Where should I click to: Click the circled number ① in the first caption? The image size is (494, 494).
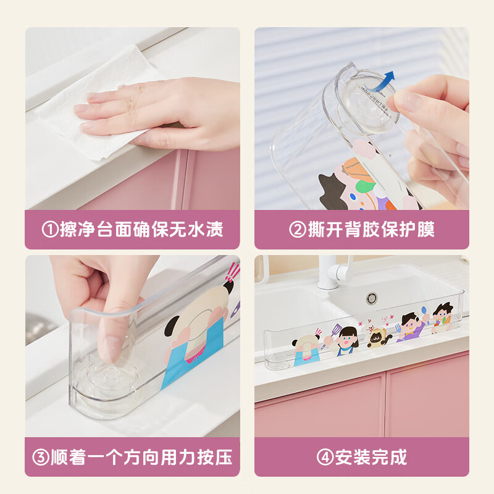(x=50, y=229)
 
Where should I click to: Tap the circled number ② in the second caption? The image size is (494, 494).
(x=298, y=229)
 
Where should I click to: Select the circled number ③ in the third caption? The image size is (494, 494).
(x=41, y=458)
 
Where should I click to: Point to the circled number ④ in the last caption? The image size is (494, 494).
(x=325, y=458)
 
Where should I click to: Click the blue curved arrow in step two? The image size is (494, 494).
(x=383, y=83)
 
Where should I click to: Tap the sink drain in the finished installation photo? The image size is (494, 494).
(x=372, y=298)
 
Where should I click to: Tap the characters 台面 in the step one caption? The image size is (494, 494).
(x=114, y=229)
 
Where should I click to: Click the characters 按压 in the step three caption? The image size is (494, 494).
(x=215, y=458)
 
